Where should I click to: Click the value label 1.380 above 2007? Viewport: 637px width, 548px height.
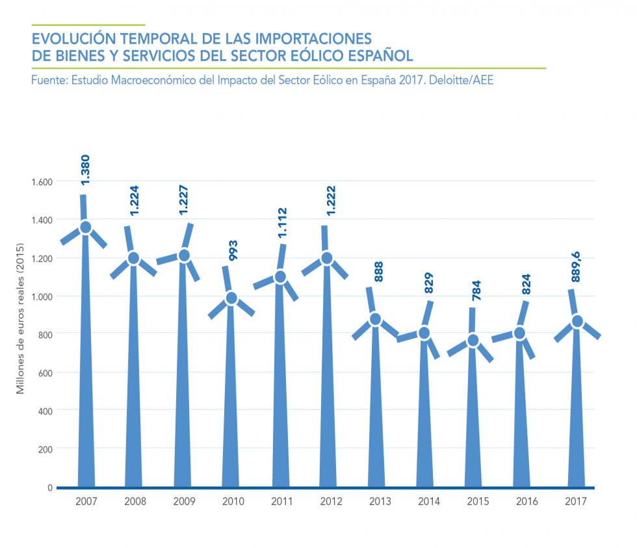tap(85, 171)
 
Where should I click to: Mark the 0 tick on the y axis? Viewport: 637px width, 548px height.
tap(49, 487)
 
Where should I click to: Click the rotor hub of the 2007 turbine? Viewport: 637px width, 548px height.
tap(86, 228)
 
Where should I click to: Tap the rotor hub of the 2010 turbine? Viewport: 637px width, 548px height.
tap(232, 298)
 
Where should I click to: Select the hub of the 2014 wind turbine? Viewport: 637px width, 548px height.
tap(424, 333)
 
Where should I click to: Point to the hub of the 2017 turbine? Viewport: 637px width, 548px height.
tap(576, 321)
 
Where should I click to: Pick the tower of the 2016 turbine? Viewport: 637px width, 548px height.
tap(521, 416)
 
